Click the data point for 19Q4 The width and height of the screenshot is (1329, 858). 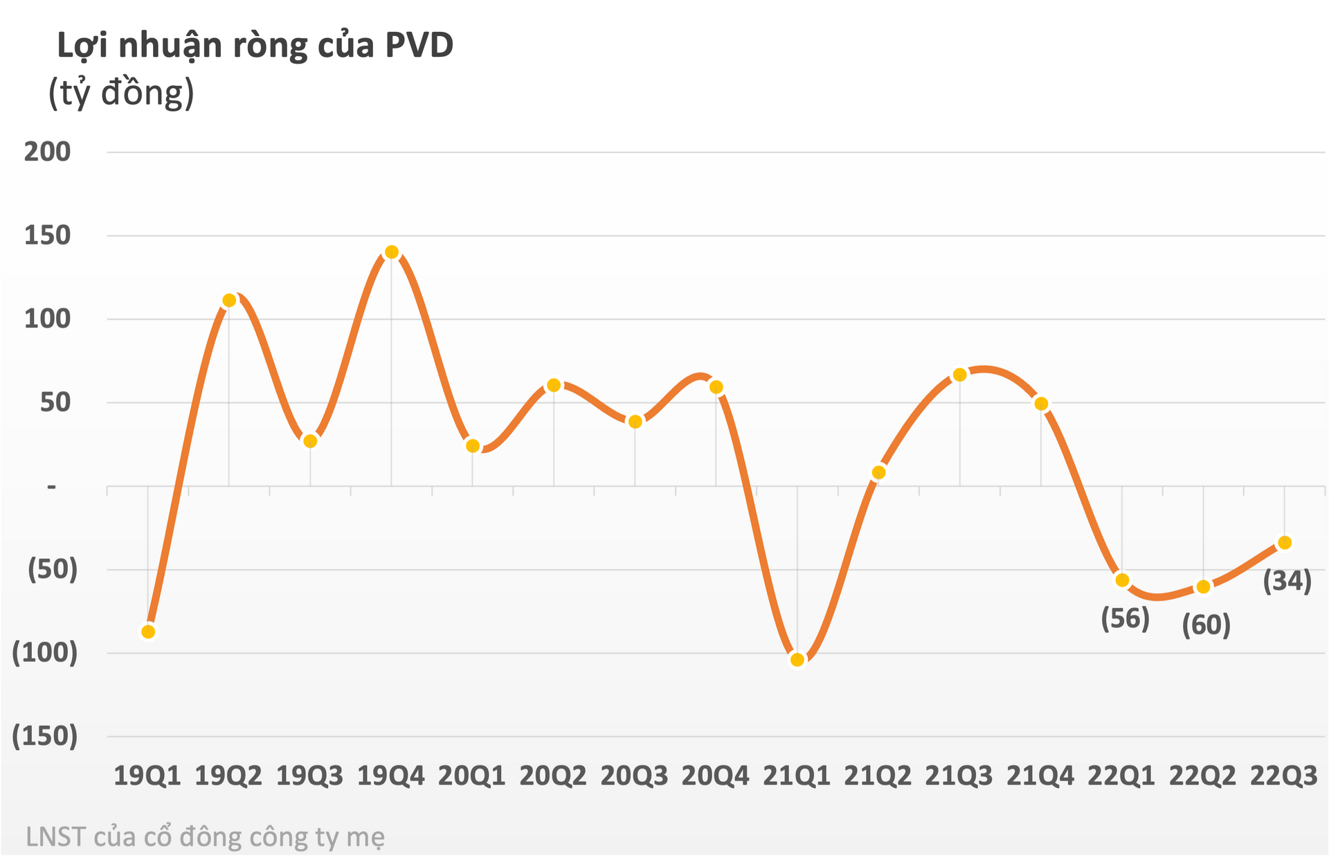click(x=392, y=252)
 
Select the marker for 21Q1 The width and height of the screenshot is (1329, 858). click(x=797, y=660)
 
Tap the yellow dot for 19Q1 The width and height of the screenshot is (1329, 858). click(x=148, y=632)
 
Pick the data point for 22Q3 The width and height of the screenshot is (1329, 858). click(x=1285, y=543)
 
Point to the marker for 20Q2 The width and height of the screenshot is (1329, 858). click(x=554, y=385)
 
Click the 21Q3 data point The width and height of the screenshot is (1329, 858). click(x=960, y=375)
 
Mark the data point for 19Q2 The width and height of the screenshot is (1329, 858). click(x=229, y=300)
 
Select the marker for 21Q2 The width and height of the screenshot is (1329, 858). click(x=878, y=472)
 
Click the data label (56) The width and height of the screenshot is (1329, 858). click(x=1125, y=618)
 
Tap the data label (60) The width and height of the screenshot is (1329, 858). click(x=1206, y=625)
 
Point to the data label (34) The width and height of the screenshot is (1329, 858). click(x=1287, y=581)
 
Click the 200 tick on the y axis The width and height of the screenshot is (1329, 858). click(x=48, y=152)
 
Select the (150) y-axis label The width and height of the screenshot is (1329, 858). click(x=45, y=735)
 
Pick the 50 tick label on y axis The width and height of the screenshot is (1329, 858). click(x=55, y=402)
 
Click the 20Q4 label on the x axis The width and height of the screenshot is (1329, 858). click(x=715, y=776)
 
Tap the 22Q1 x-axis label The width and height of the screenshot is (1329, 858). click(x=1121, y=776)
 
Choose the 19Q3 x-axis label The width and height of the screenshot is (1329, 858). click(x=309, y=776)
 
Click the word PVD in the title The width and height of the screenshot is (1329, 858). click(x=419, y=46)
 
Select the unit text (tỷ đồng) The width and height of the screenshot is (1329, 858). click(x=121, y=93)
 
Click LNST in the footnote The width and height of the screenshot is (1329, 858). click(x=55, y=837)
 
